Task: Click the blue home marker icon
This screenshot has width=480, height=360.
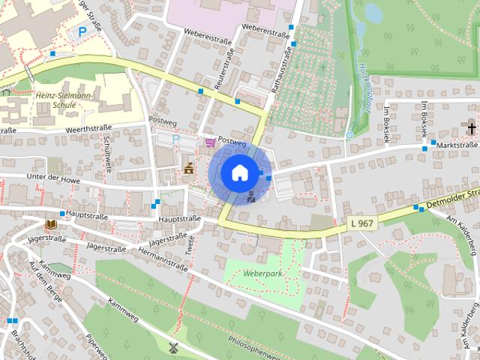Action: pos(238,173)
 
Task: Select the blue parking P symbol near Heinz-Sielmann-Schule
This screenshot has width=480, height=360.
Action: pos(81,32)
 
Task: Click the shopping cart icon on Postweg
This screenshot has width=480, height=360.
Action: pos(209,141)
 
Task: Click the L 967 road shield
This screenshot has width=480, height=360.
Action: pos(362,223)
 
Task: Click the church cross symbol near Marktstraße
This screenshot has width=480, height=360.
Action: pos(472,124)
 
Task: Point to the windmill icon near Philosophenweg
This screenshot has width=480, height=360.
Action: pos(173,348)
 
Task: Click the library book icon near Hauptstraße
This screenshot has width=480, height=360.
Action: pos(50,224)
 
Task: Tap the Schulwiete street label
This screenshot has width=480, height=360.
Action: pos(108,154)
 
